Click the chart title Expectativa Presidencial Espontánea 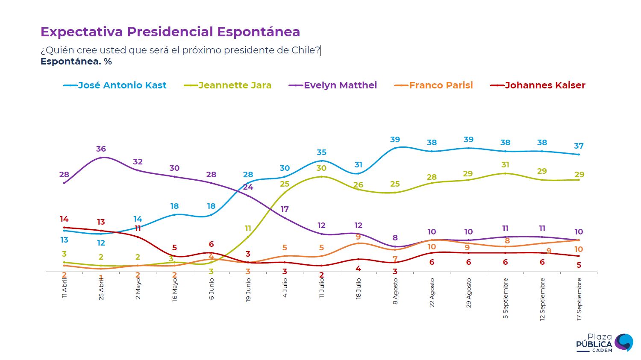[x=170, y=32]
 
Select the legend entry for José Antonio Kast [x=122, y=85]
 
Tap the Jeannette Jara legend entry [x=235, y=85]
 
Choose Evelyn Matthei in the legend [x=340, y=85]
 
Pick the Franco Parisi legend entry [x=441, y=85]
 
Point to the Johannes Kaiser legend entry [x=545, y=85]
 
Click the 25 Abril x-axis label [x=101, y=289]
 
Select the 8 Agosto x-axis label [x=395, y=291]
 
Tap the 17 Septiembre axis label [x=579, y=299]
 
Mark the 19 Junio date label [x=248, y=290]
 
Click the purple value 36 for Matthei [x=101, y=149]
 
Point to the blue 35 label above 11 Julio [x=321, y=152]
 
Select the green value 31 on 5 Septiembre [x=505, y=165]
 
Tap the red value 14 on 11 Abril [x=64, y=219]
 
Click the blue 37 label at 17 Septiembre [x=579, y=146]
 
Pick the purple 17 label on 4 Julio [x=285, y=209]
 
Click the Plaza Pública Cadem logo [x=604, y=343]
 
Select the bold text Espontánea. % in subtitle [x=76, y=61]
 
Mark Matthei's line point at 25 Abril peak [x=101, y=158]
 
